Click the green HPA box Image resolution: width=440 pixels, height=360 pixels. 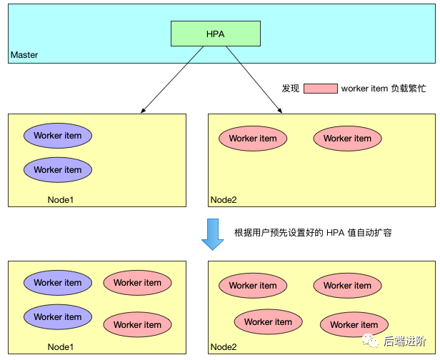(x=216, y=34)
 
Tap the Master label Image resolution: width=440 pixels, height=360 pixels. (x=24, y=55)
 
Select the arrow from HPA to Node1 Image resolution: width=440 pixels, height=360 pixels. (x=172, y=79)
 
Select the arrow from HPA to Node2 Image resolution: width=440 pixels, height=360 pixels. (x=254, y=79)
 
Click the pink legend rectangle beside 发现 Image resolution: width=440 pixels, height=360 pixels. (x=321, y=89)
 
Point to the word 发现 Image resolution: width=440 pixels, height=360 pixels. (x=291, y=89)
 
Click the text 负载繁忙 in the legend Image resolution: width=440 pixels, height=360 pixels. (x=409, y=89)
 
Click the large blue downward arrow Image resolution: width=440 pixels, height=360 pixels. (x=212, y=234)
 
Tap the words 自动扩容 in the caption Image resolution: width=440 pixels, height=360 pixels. (x=374, y=233)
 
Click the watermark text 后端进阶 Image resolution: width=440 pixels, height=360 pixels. (x=404, y=341)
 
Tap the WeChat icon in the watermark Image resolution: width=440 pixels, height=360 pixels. (x=370, y=341)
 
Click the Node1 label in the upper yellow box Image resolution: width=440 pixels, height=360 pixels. (x=61, y=200)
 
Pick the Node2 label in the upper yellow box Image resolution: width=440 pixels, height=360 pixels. (x=224, y=200)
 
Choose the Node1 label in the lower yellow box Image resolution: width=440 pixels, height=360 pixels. (x=61, y=347)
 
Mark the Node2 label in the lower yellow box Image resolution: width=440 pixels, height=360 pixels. (x=224, y=347)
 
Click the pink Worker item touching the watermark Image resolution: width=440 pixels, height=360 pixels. (x=354, y=325)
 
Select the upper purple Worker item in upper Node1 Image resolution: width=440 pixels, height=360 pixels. (x=58, y=136)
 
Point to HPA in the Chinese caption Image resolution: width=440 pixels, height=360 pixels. (x=335, y=233)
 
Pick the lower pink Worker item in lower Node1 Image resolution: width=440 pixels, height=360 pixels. (x=137, y=325)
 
